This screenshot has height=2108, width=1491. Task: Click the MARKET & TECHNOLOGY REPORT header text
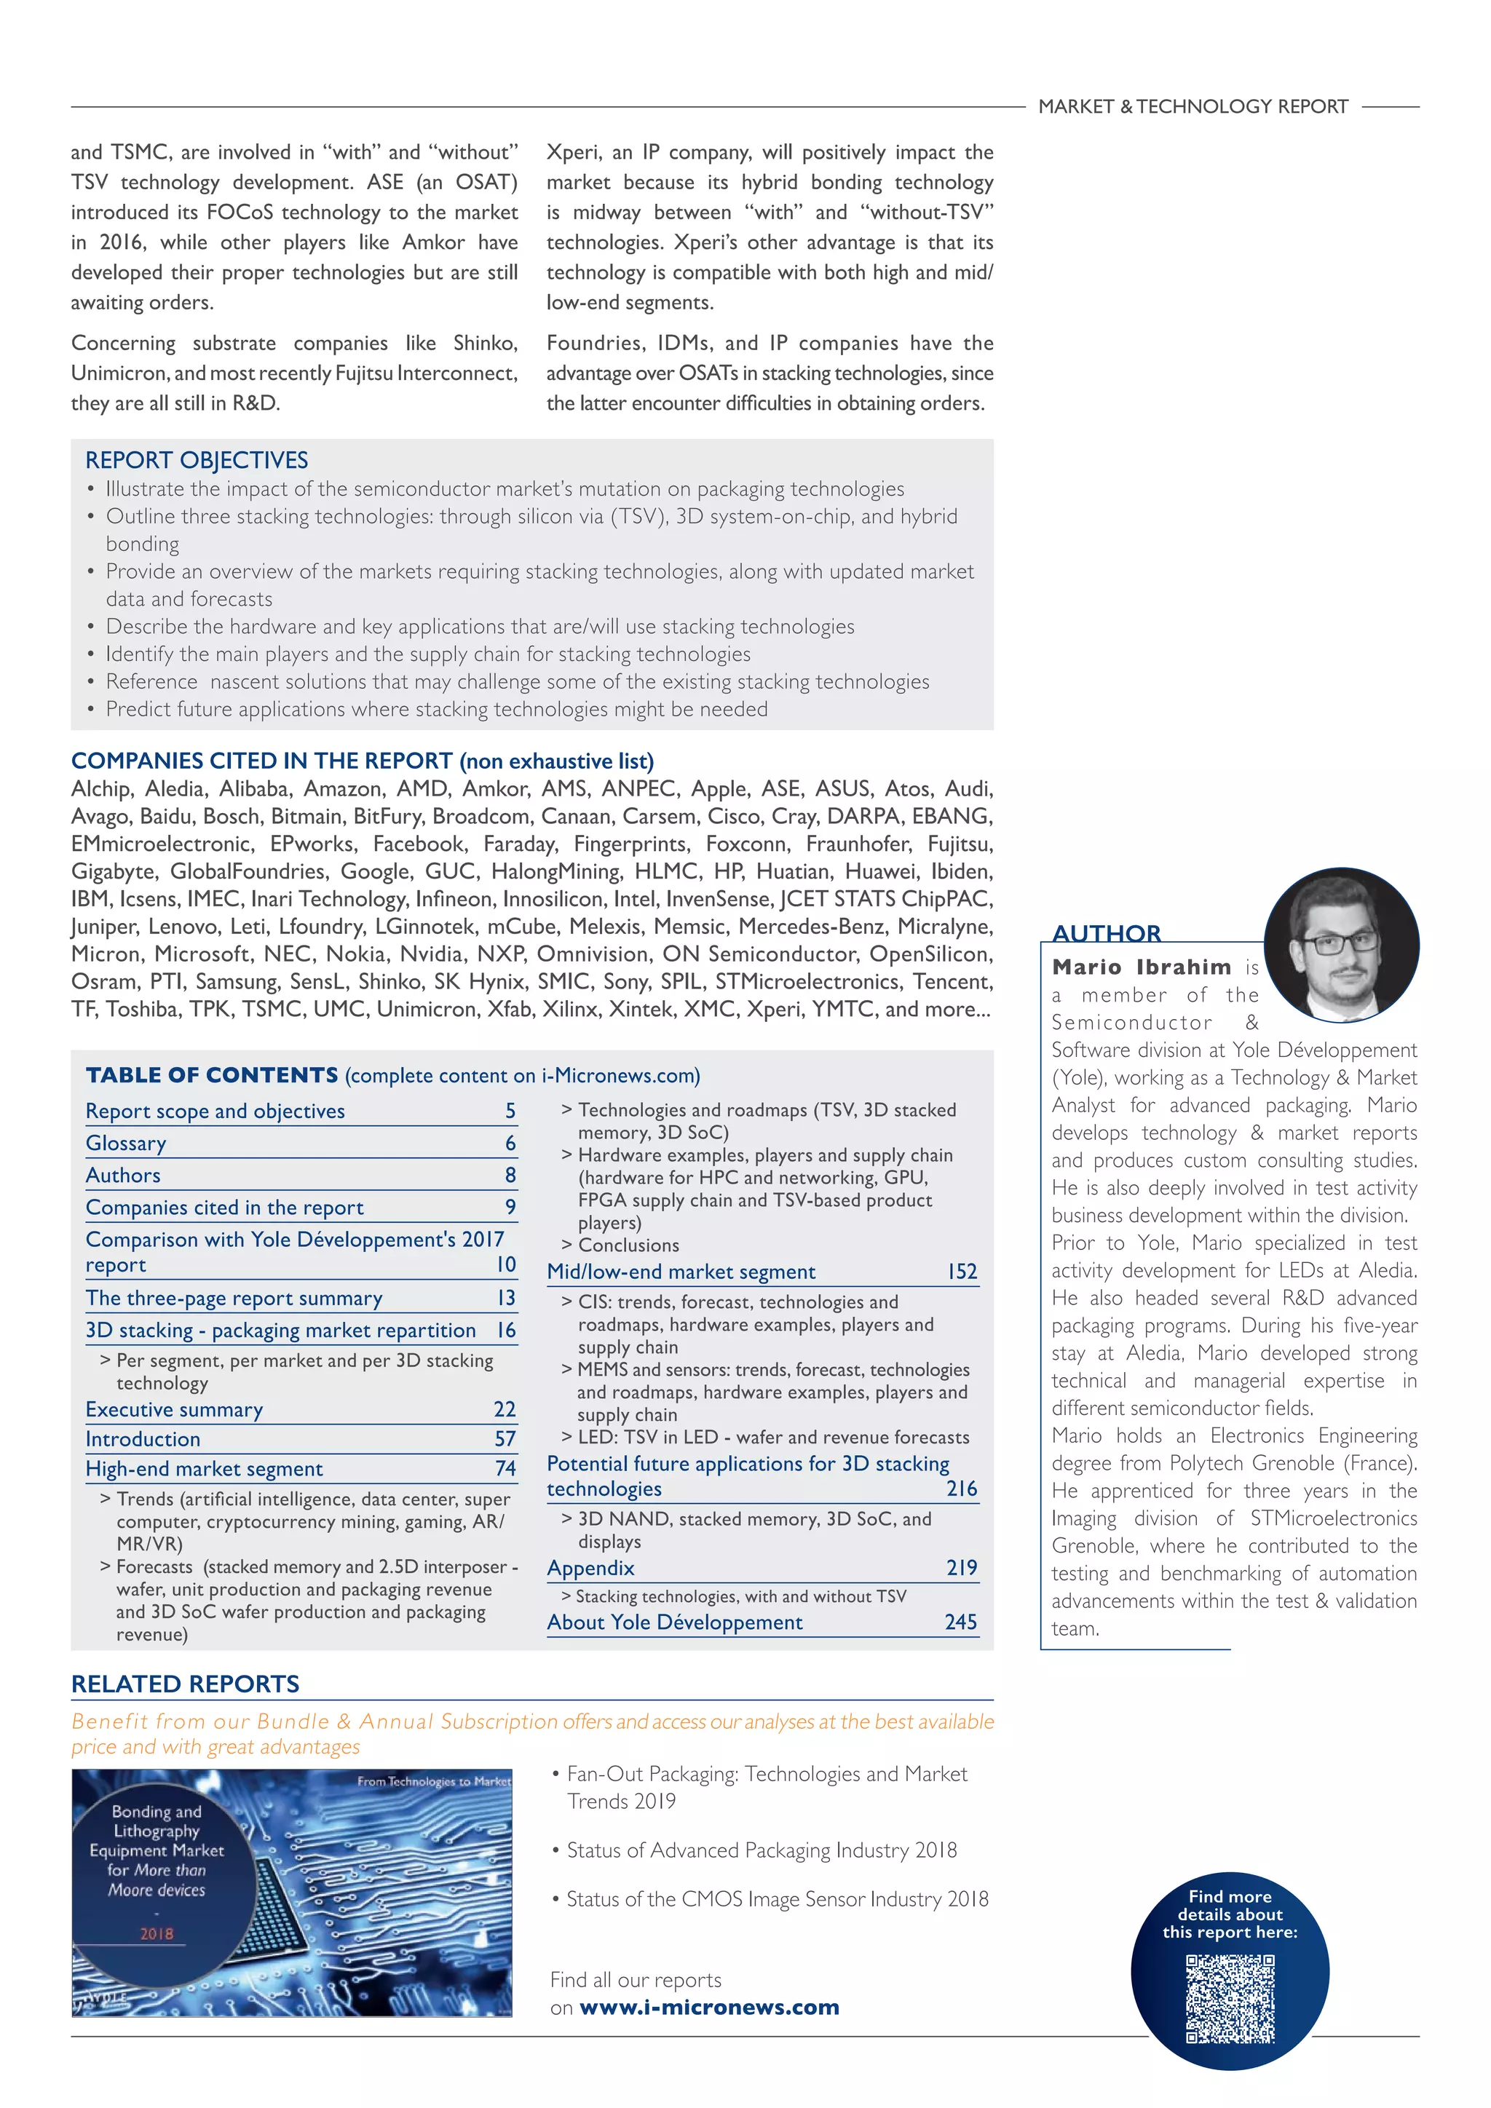coord(1193,106)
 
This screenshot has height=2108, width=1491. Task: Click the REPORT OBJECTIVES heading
coord(197,460)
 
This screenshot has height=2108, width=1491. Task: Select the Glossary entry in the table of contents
coord(126,1143)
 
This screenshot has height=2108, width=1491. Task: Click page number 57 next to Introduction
coord(505,1438)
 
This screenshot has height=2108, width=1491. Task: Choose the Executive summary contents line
coord(175,1409)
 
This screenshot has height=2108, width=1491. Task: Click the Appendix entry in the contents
coord(590,1568)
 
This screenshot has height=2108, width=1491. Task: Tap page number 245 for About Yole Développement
coord(960,1622)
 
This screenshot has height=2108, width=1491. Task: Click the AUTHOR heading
coord(1107,933)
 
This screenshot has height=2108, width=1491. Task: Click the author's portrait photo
coord(1341,945)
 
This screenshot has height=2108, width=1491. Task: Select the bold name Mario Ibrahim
coord(1142,967)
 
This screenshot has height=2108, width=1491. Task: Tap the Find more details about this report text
coord(1230,1914)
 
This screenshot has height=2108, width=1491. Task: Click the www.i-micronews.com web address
coord(709,2008)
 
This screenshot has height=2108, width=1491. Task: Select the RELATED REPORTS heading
coord(186,1684)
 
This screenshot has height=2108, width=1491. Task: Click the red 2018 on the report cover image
coord(157,1933)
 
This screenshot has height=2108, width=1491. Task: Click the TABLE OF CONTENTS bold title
coord(212,1075)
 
